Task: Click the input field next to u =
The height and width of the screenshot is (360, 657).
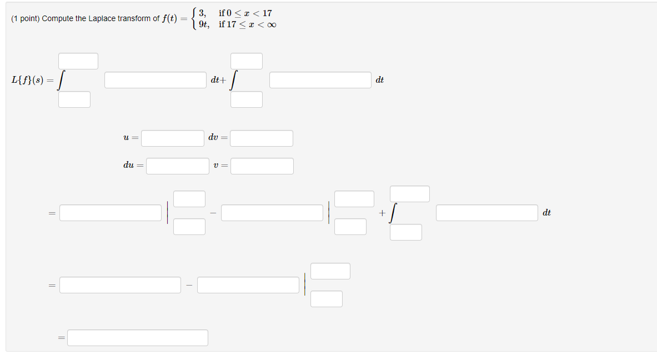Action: point(172,138)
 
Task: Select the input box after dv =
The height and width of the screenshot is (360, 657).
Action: point(261,138)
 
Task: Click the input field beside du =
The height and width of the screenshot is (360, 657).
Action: point(177,166)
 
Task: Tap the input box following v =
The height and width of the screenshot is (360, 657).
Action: point(262,166)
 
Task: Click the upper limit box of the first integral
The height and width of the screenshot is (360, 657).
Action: point(78,61)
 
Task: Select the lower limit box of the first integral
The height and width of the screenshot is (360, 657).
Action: point(74,99)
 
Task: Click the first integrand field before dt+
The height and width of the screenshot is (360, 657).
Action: point(155,80)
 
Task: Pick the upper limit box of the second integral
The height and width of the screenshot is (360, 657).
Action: point(247,61)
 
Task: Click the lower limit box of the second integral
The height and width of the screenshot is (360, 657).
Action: point(247,99)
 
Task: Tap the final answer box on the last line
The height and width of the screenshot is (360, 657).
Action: point(138,338)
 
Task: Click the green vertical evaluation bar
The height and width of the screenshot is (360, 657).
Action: point(168,213)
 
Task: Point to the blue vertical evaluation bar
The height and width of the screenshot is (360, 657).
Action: point(329,213)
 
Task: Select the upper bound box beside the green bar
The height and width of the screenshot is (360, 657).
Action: point(189,199)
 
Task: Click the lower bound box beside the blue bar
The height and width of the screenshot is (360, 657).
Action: point(350,227)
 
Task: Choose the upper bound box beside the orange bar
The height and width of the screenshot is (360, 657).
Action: point(330,271)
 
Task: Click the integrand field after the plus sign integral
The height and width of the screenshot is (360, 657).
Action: point(487,213)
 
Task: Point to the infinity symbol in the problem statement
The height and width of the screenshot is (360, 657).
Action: point(270,24)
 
